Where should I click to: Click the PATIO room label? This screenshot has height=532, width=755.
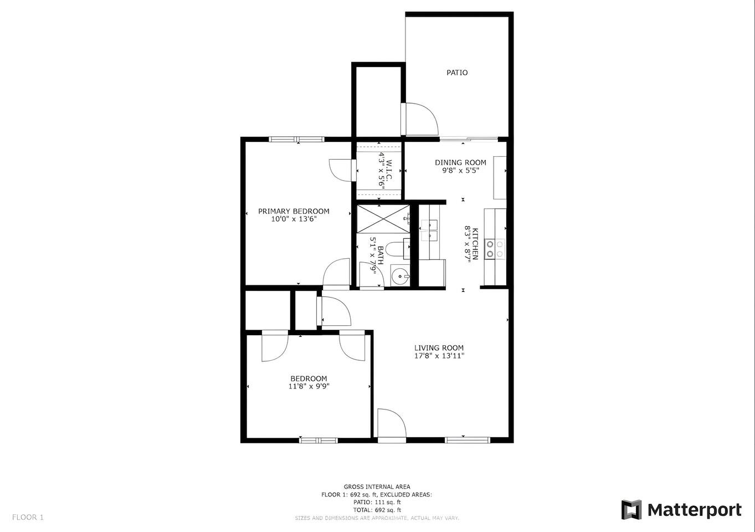click(x=457, y=73)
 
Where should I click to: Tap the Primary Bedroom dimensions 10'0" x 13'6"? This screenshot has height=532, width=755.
click(x=294, y=219)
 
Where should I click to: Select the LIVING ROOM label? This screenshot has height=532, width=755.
click(x=439, y=347)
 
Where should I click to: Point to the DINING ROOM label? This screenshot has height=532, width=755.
click(x=460, y=162)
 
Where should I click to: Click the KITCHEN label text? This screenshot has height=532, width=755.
click(x=475, y=244)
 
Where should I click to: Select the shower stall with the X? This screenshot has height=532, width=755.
click(x=383, y=218)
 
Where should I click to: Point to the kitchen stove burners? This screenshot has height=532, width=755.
click(x=495, y=249)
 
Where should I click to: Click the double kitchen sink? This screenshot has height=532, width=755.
click(x=428, y=231)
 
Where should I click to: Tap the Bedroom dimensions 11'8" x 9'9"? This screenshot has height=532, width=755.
click(x=309, y=386)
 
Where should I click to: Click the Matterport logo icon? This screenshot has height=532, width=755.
click(x=631, y=510)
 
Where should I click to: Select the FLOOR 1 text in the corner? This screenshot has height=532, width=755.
click(x=28, y=517)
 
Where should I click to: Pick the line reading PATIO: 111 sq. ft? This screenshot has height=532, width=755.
click(x=377, y=502)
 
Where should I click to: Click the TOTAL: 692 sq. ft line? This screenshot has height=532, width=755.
click(x=377, y=510)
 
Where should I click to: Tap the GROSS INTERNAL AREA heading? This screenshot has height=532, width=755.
click(x=377, y=487)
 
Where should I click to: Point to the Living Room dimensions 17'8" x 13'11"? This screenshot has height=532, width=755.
click(x=439, y=356)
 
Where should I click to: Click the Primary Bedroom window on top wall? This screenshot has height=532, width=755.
click(x=296, y=139)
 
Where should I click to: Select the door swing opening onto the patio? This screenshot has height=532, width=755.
click(x=422, y=119)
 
